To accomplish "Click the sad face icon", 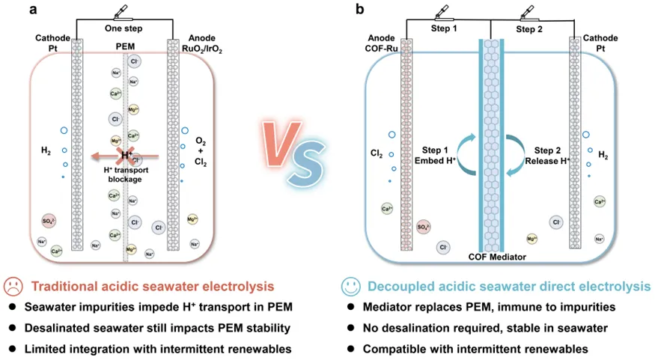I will tap(13, 286).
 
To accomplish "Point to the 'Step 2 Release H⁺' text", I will tap(545, 154).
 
